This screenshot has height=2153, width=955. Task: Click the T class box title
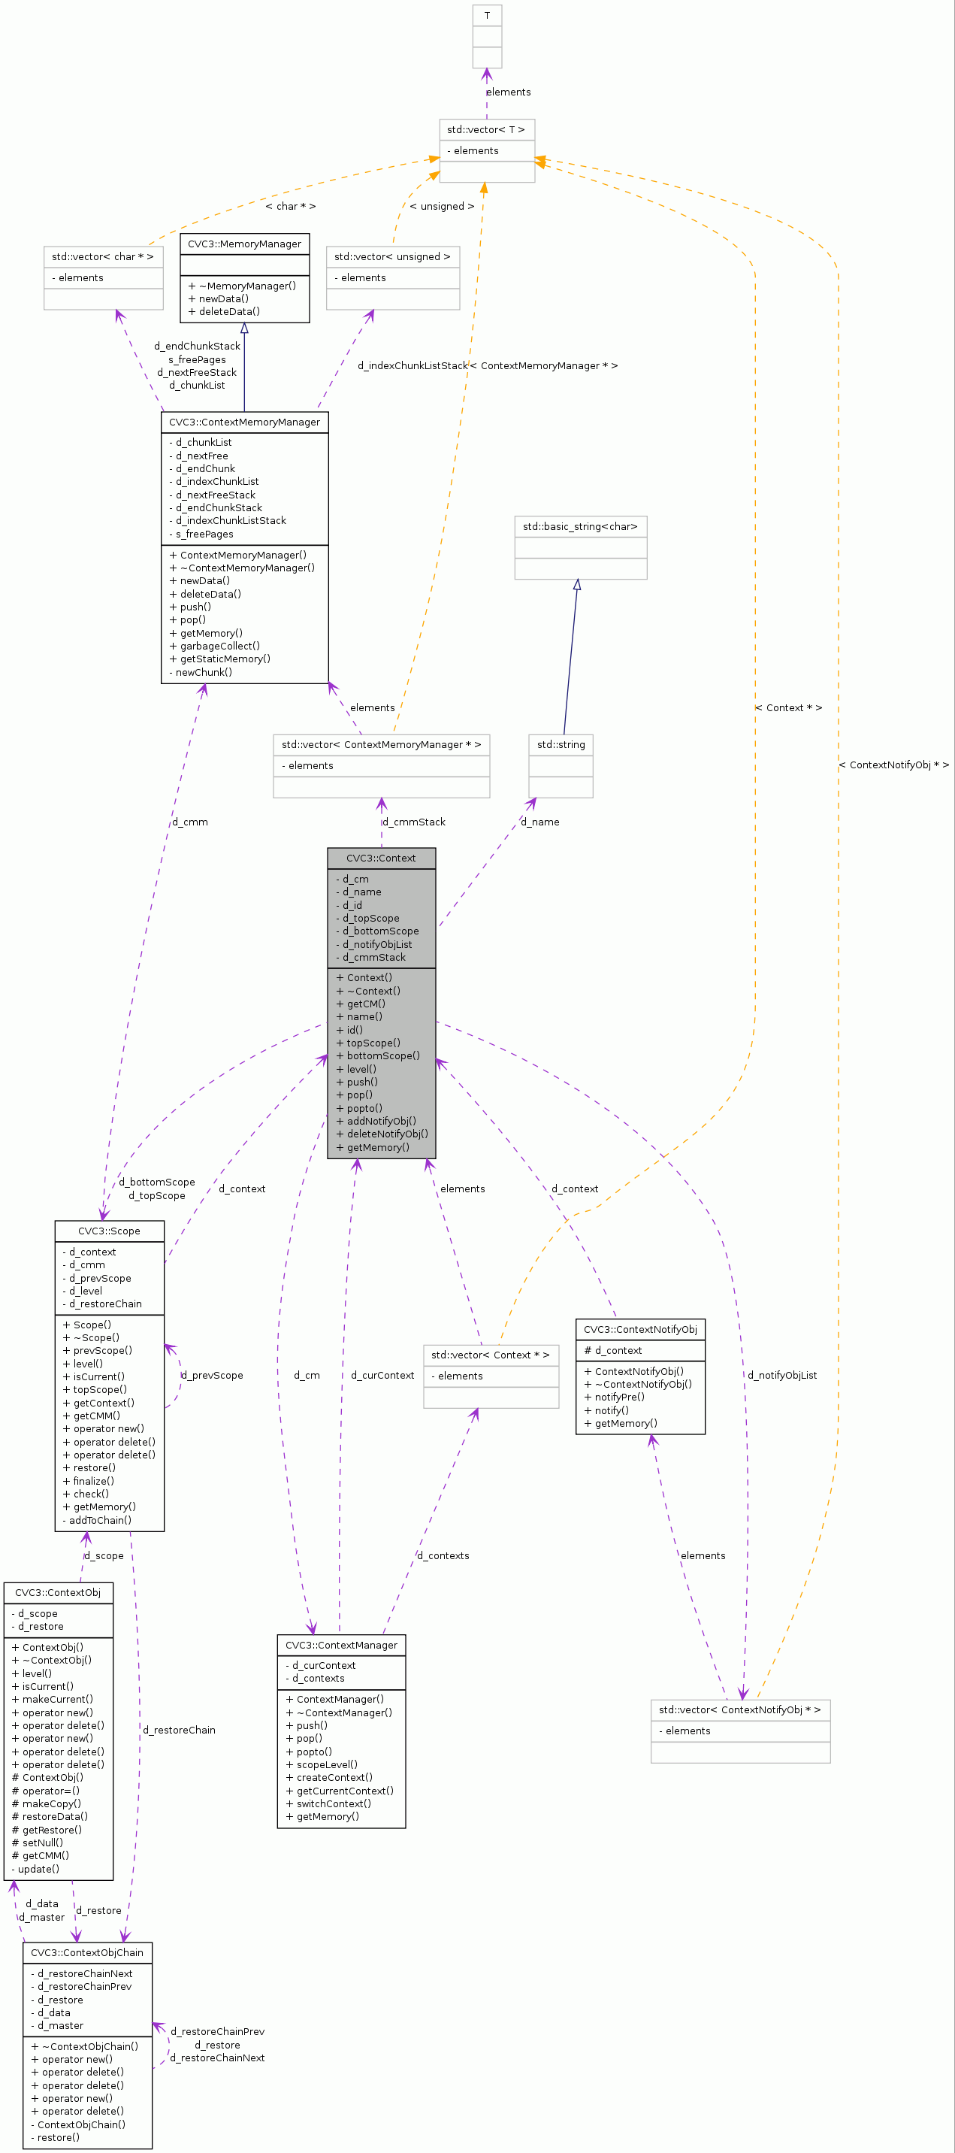pyautogui.click(x=487, y=15)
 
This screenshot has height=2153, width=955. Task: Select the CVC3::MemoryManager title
pyautogui.click(x=245, y=244)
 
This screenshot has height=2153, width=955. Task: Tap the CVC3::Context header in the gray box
pyautogui.click(x=381, y=858)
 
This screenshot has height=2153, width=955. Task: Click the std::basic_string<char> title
pyautogui.click(x=580, y=526)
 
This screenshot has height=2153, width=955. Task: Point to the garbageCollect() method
pyautogui.click(x=219, y=646)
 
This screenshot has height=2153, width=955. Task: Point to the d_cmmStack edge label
pyautogui.click(x=416, y=822)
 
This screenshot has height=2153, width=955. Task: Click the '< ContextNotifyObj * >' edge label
pyautogui.click(x=893, y=765)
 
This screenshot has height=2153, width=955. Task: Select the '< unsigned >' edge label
pyautogui.click(x=442, y=207)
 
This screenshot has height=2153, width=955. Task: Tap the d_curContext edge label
pyautogui.click(x=382, y=1376)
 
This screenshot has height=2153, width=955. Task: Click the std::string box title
pyautogui.click(x=561, y=745)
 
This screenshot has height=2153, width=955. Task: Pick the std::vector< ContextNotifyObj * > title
pyautogui.click(x=739, y=1710)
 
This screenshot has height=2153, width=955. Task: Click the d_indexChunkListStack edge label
pyautogui.click(x=413, y=366)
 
